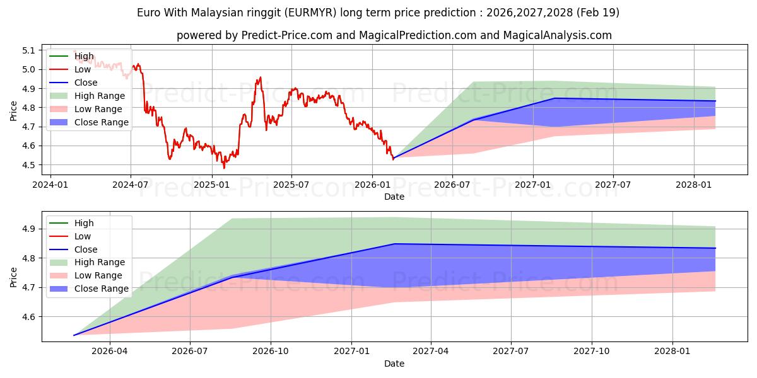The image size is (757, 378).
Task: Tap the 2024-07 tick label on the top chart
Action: point(131,185)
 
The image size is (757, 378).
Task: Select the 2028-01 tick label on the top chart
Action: point(694,185)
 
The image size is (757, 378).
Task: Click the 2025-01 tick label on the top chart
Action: point(211,185)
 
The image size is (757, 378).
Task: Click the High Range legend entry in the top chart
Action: point(100,96)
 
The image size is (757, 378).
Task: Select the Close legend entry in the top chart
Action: point(86,83)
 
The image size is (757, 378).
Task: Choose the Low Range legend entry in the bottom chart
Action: point(99,275)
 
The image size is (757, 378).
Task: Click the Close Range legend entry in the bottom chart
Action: point(102,289)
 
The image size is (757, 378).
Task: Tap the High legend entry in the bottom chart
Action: point(84,223)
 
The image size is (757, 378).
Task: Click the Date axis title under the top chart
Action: point(394,197)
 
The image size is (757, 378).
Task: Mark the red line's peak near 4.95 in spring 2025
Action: point(260,77)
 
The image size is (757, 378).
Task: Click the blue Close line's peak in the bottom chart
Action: point(395,244)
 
